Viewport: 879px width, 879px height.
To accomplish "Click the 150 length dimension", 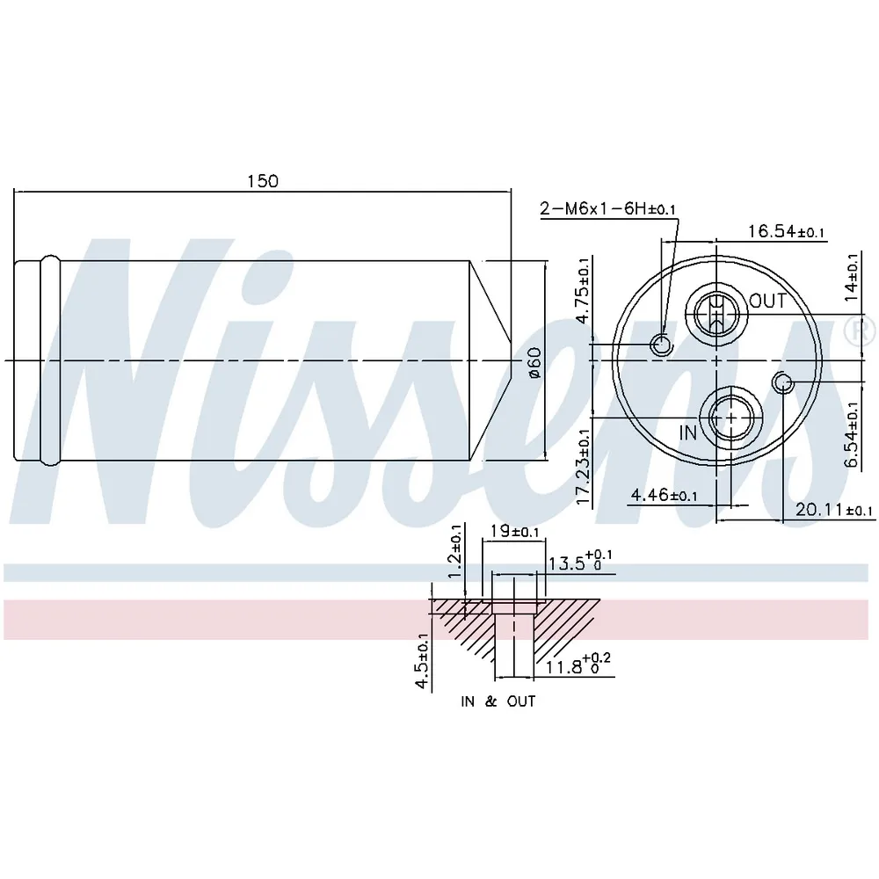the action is [x=263, y=181].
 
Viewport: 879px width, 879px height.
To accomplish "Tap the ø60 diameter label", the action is [x=535, y=362].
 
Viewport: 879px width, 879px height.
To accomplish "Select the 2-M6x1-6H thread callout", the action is [x=608, y=208].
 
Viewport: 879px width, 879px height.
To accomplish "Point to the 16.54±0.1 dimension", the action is [x=787, y=231].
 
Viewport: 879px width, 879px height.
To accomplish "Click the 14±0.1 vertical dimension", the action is [x=852, y=277].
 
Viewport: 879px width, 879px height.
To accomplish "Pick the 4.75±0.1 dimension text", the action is [x=583, y=290].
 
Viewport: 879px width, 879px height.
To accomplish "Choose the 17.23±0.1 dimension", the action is [x=583, y=467].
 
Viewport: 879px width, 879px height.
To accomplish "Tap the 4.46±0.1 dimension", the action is [x=665, y=495].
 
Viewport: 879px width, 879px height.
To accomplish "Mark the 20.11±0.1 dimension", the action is [x=834, y=510].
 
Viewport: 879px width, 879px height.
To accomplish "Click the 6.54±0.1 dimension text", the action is [x=852, y=434].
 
